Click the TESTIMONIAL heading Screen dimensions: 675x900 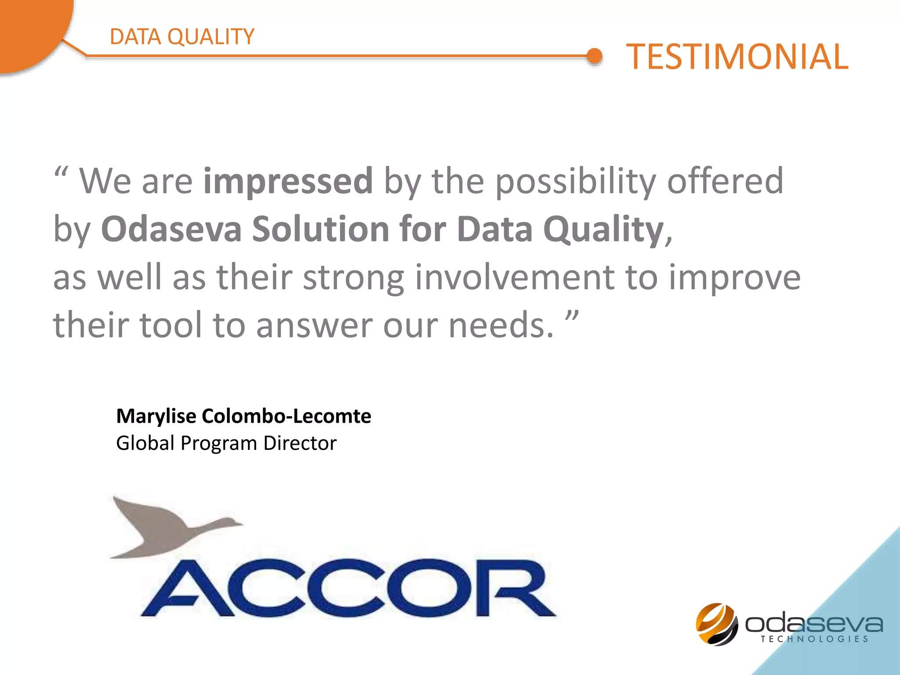[x=737, y=57]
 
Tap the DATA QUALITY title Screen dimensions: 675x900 [x=182, y=36]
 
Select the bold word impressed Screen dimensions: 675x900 [x=288, y=181]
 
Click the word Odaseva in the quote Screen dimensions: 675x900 [x=171, y=229]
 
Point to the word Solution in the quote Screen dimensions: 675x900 [x=320, y=229]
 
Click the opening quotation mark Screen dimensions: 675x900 [x=61, y=171]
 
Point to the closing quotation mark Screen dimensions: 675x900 [x=572, y=316]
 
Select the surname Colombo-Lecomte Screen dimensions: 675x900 [x=286, y=416]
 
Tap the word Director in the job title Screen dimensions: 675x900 [x=300, y=443]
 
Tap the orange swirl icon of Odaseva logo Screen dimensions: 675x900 [x=717, y=624]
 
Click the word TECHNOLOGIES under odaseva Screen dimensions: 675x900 [x=814, y=639]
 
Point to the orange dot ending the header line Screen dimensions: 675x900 [x=595, y=56]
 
